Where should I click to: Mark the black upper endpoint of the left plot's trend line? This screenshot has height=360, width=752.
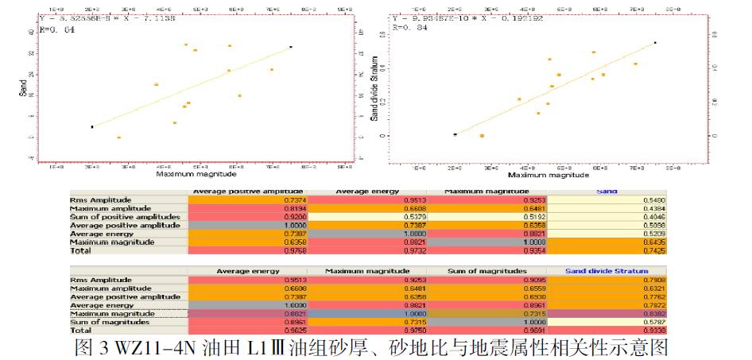(291, 47)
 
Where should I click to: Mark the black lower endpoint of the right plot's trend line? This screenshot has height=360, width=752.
(455, 135)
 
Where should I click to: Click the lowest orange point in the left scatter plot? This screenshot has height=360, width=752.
(118, 137)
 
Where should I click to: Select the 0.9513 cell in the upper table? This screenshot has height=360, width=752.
(366, 200)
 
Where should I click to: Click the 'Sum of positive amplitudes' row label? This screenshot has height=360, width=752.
(126, 217)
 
